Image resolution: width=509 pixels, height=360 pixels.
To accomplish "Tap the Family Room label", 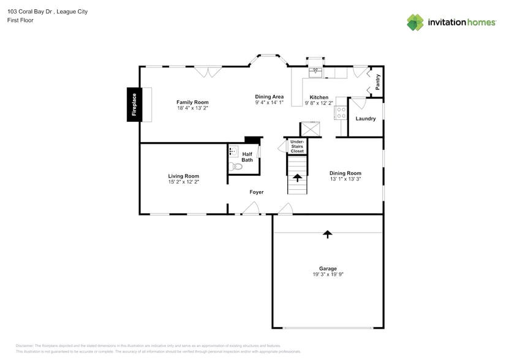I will (192, 102).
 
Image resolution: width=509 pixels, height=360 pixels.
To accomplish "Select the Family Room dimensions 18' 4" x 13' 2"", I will (192, 108).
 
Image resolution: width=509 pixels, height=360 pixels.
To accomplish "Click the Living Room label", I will (183, 176).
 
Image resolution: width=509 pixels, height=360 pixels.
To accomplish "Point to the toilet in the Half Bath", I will (236, 167).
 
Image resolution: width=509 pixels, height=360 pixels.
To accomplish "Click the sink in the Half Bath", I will (233, 151).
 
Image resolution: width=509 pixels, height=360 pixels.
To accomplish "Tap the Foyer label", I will (257, 192).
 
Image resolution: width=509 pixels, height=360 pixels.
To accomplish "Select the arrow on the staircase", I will (297, 178).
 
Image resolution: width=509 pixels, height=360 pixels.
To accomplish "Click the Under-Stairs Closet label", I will (297, 146).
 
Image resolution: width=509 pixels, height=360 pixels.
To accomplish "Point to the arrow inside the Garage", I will (328, 233).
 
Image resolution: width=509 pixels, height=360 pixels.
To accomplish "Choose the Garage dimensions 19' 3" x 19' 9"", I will (328, 275).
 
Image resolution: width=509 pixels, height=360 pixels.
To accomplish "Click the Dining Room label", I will (345, 173).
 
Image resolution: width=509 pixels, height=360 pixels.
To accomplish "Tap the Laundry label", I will (366, 118).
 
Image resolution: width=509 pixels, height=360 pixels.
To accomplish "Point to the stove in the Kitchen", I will (341, 112).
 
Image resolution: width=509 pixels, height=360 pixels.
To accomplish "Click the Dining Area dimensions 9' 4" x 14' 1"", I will (270, 103).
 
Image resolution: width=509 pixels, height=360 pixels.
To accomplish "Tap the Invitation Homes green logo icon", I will (415, 23).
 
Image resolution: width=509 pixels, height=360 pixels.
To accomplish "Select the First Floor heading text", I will (21, 20).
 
